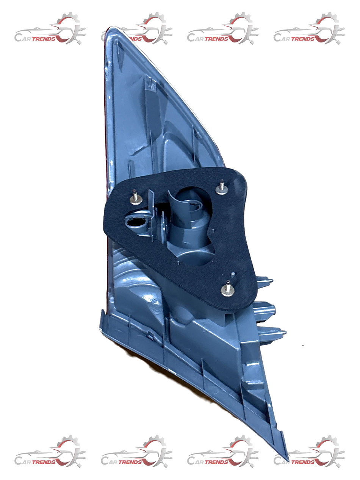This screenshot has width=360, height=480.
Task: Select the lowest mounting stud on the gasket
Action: point(228,289)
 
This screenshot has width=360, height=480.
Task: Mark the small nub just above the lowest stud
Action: point(233,274)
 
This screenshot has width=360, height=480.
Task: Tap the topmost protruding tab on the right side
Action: point(265,281)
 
